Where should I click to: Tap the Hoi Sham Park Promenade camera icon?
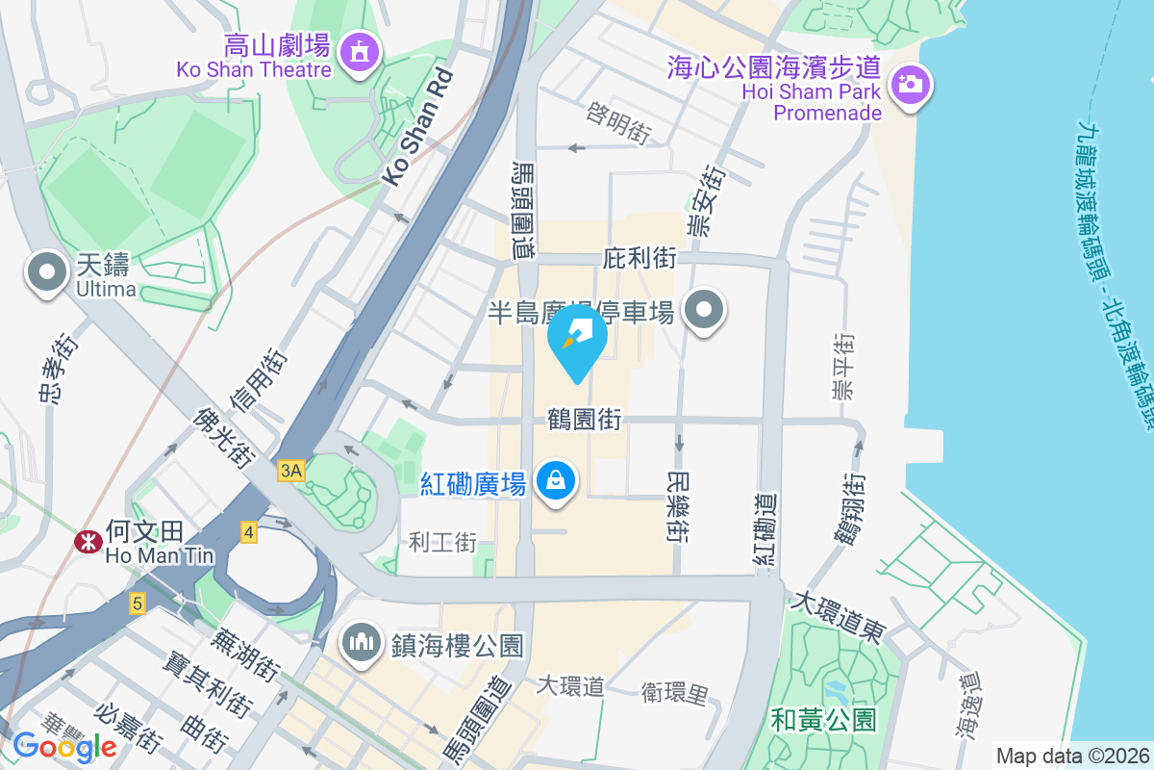(909, 84)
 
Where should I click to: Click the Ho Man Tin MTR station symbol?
(88, 542)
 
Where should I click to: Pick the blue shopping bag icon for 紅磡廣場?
(555, 479)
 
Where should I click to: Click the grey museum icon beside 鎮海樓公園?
(363, 643)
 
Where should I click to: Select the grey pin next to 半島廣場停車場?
(704, 311)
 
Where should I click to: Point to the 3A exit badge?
(290, 471)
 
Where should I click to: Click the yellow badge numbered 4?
(249, 532)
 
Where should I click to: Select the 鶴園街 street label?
(584, 419)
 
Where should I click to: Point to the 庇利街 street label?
(640, 258)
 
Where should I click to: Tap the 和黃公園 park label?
(823, 718)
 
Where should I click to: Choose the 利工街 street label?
(442, 542)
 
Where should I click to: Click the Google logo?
(64, 745)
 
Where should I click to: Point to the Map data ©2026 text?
(1071, 756)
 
